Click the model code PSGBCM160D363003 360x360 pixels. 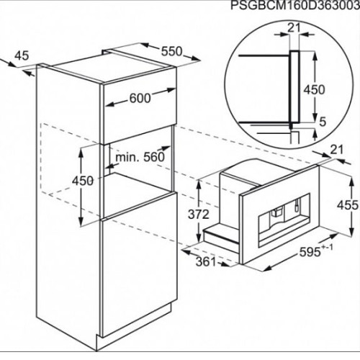(295, 6)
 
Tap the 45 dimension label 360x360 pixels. (22, 55)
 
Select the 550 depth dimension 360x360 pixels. (171, 51)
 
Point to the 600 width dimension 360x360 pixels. (140, 98)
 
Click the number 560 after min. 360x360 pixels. (154, 157)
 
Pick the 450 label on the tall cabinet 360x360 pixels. (83, 181)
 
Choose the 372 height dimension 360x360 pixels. (199, 215)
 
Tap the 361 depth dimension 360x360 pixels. (206, 261)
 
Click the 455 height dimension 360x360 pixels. (348, 205)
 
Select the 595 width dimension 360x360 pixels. (310, 252)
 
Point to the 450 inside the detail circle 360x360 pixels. (315, 89)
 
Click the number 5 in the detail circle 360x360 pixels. (323, 122)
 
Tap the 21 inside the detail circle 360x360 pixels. (294, 28)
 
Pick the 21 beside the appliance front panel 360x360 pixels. (337, 150)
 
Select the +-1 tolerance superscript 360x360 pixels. (327, 247)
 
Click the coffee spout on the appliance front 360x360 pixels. (276, 212)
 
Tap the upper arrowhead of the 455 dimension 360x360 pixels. (351, 182)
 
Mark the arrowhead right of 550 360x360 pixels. (195, 58)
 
